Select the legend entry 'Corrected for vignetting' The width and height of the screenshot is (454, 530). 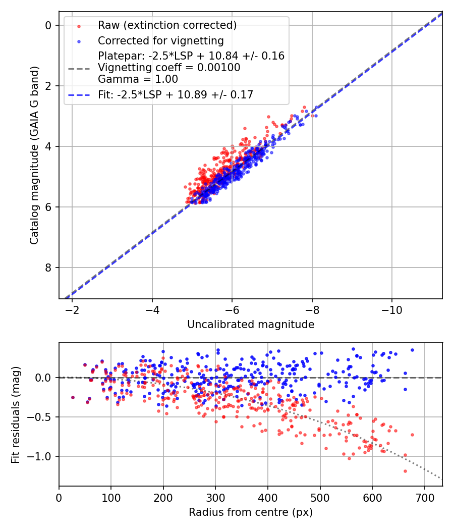160,40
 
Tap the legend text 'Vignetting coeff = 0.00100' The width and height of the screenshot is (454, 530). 169,67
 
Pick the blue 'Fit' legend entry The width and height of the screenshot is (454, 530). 175,94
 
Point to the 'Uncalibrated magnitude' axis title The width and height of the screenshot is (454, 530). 251,325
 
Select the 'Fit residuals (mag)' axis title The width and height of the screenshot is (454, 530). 16,414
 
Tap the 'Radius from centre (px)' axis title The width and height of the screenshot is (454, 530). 251,512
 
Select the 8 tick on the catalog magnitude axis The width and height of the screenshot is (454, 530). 49,268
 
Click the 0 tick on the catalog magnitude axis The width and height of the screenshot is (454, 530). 49,25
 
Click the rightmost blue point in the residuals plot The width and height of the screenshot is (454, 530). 412,350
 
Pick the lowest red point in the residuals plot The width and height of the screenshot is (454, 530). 405,471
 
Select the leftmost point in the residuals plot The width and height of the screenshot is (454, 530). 73,397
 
